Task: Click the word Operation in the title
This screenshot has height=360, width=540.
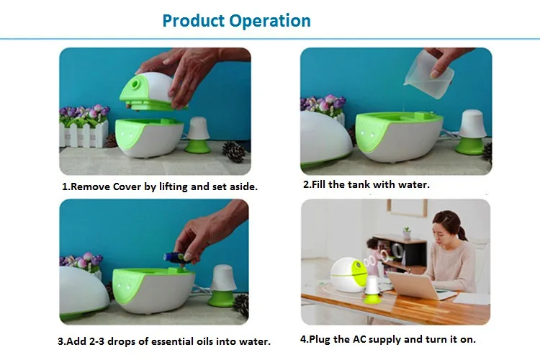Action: click(x=270, y=21)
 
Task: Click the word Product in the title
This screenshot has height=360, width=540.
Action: click(x=193, y=21)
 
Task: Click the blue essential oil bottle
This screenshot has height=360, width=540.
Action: click(x=175, y=256)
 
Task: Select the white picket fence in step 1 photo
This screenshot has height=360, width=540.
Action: click(x=83, y=135)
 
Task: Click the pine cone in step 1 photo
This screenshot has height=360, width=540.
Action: click(x=233, y=152)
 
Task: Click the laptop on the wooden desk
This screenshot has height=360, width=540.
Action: click(x=415, y=285)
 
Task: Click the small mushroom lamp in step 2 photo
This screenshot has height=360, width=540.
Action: click(x=471, y=132)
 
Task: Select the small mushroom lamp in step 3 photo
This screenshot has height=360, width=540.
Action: click(x=222, y=286)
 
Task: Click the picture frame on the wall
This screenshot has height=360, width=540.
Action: click(x=407, y=208)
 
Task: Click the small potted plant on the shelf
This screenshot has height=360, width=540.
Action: click(x=407, y=233)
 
